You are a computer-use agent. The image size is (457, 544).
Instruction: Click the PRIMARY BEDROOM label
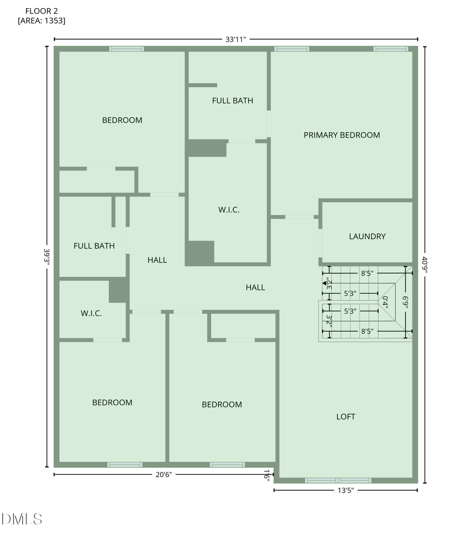[342, 135]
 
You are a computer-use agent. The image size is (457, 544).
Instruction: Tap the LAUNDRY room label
[367, 236]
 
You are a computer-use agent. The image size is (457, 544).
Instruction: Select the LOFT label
[346, 417]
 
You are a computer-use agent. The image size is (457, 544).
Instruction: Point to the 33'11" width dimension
[236, 39]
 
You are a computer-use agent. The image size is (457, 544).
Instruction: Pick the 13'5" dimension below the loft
[345, 490]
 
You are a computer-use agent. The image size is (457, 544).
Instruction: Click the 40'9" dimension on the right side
[425, 265]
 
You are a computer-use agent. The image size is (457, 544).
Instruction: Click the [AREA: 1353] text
[42, 21]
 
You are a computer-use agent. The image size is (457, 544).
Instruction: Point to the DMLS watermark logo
[22, 519]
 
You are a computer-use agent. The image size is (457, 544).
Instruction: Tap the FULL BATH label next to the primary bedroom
[233, 101]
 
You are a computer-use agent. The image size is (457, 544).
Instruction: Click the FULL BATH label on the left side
[94, 246]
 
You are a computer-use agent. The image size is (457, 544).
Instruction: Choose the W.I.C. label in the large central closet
[228, 210]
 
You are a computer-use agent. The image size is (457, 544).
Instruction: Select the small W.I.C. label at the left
[91, 313]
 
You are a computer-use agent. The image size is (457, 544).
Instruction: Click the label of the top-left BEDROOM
[122, 120]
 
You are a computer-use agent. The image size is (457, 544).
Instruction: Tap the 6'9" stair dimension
[405, 303]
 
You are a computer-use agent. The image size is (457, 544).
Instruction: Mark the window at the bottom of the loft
[338, 480]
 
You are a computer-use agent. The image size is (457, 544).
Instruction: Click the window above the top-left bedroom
[126, 49]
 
